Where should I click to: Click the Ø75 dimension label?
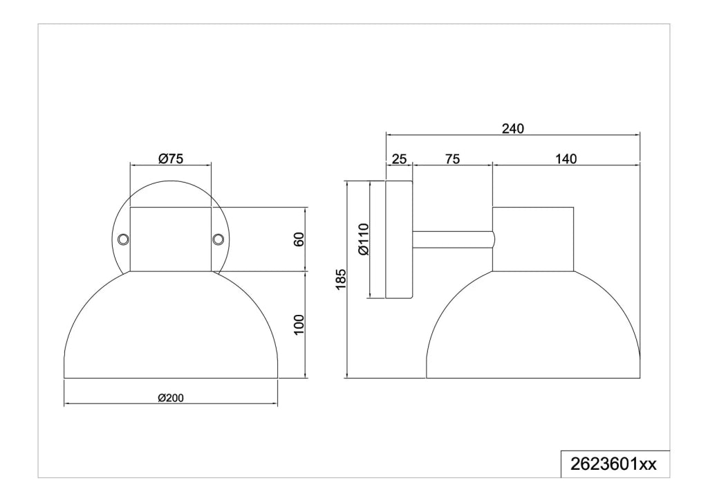pos(170,158)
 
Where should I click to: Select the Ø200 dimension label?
pos(171,398)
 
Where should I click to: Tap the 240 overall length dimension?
pos(513,129)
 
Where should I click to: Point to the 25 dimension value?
pos(399,159)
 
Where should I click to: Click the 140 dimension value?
pos(566,159)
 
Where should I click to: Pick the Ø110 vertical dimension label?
pos(364,239)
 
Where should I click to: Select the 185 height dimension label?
pos(341,279)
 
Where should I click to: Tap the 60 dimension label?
pos(299,239)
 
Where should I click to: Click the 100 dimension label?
pos(299,325)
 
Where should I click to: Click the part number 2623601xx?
pos(614,464)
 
